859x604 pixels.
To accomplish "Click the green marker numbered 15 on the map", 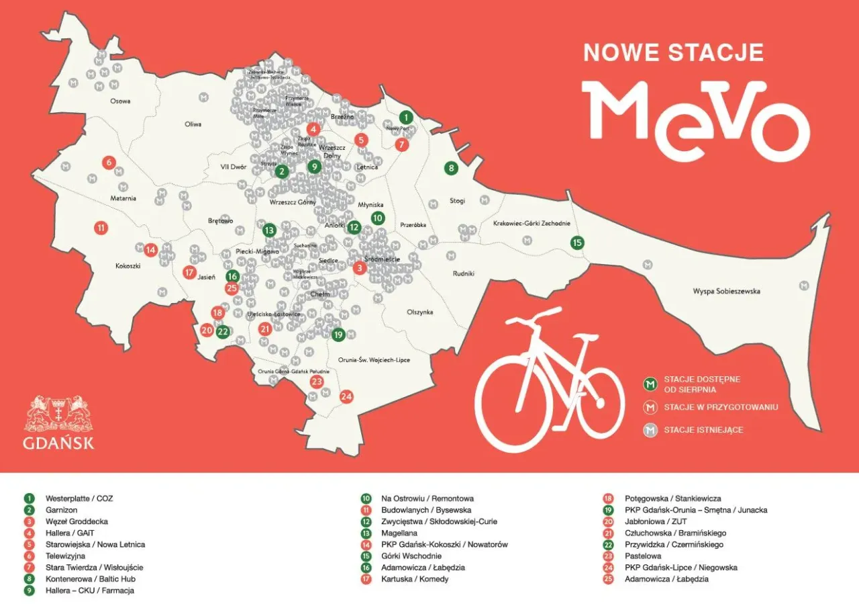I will [x=576, y=243].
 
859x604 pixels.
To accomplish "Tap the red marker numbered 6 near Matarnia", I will [x=108, y=162].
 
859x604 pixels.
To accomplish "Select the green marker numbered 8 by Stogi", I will [x=452, y=168].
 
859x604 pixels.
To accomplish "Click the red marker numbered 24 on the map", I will [x=346, y=396].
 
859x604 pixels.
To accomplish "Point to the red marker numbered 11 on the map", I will [x=101, y=228].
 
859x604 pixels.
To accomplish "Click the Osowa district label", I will [x=120, y=101].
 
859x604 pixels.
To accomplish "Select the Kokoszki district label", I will [x=128, y=266].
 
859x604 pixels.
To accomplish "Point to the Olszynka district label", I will [x=420, y=312].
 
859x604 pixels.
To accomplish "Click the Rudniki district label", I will [x=464, y=273].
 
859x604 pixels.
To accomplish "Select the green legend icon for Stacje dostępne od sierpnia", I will [x=649, y=384].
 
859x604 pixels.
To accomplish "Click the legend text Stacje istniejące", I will [x=703, y=430].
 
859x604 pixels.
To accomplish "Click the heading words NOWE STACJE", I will [x=674, y=52].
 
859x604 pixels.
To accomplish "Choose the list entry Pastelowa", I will [x=642, y=556].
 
